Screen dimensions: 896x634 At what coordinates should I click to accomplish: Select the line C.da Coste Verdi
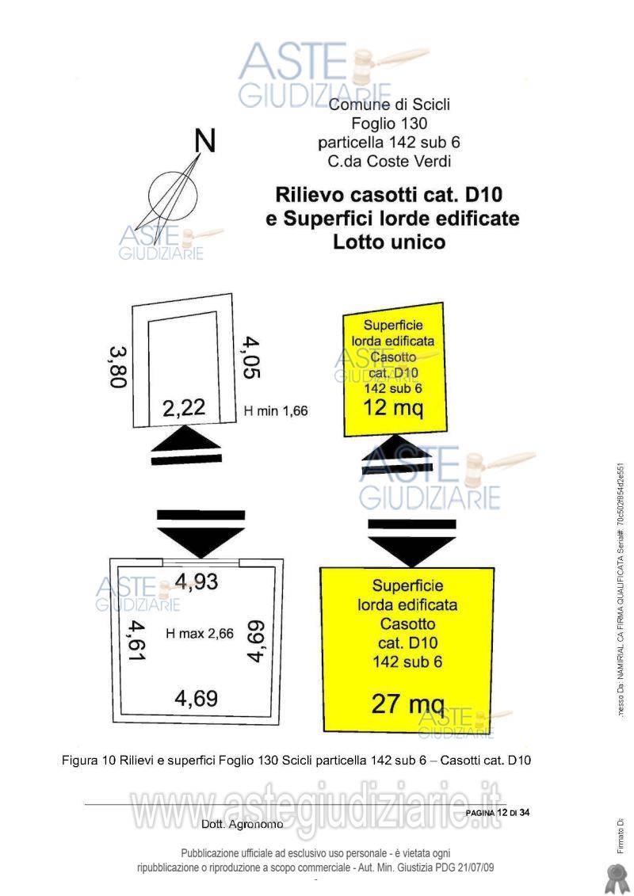(x=389, y=162)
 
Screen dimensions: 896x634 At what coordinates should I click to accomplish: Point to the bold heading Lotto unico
(x=389, y=242)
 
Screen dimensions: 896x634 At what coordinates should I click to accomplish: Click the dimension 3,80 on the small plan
(x=117, y=366)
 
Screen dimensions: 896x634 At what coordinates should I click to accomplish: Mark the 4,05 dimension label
(x=251, y=357)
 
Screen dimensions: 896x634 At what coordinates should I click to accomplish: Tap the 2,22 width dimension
(x=184, y=408)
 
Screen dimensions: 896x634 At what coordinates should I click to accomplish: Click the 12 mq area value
(x=393, y=408)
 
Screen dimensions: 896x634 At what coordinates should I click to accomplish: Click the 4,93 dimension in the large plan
(x=197, y=581)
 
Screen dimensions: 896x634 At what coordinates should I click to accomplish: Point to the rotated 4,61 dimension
(x=136, y=641)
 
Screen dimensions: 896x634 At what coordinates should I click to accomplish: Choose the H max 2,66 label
(x=199, y=633)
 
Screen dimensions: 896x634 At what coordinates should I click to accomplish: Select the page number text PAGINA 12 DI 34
(x=497, y=813)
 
